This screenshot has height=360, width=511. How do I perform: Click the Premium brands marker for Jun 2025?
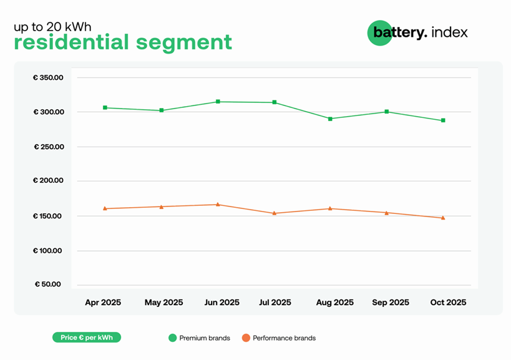click(218, 102)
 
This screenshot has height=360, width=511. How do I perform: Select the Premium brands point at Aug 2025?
click(330, 119)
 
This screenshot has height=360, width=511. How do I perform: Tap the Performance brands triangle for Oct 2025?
click(443, 218)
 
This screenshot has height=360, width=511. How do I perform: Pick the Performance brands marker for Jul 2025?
click(274, 213)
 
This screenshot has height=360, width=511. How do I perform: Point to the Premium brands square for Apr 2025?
click(105, 108)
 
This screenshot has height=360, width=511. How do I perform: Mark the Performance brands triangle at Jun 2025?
click(218, 205)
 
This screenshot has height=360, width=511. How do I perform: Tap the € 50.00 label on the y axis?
click(48, 285)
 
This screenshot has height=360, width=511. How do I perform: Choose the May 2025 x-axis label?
click(163, 303)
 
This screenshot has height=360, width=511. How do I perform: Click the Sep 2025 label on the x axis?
click(391, 303)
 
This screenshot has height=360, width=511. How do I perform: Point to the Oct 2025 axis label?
click(448, 303)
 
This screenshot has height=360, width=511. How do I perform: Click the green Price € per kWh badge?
click(86, 338)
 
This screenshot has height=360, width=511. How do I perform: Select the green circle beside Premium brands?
click(173, 338)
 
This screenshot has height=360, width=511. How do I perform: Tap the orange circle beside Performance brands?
click(246, 338)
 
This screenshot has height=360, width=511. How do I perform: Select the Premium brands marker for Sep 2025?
click(387, 112)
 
